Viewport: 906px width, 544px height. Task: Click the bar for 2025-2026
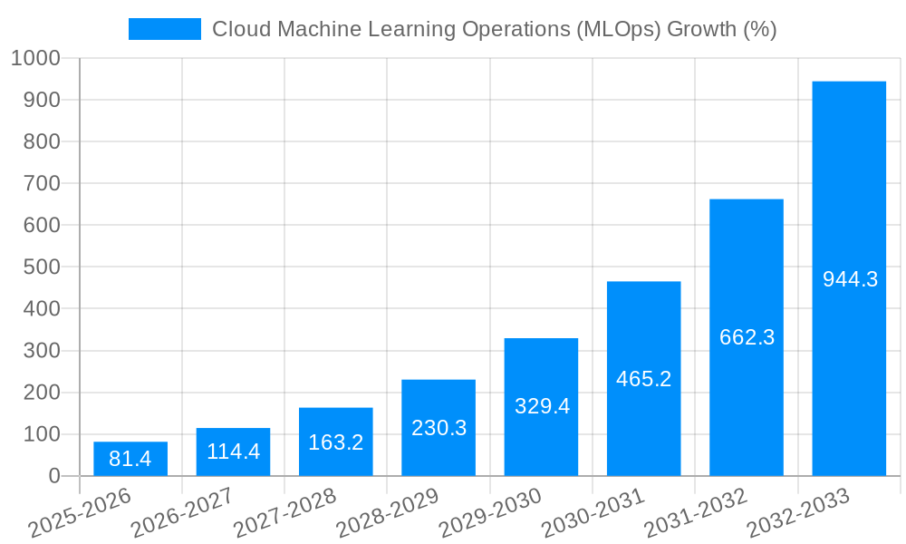(130, 459)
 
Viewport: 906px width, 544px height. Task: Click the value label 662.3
(747, 337)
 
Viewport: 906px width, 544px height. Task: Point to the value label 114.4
(233, 452)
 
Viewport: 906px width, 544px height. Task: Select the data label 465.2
(643, 379)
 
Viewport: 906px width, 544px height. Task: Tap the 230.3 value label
(439, 428)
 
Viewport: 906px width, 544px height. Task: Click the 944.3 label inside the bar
(850, 279)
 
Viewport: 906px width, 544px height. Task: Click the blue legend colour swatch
(164, 29)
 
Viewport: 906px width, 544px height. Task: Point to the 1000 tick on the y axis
(36, 58)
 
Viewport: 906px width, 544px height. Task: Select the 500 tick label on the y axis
(42, 267)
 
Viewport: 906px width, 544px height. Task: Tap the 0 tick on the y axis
(53, 476)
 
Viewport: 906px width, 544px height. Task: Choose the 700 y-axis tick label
(42, 183)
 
